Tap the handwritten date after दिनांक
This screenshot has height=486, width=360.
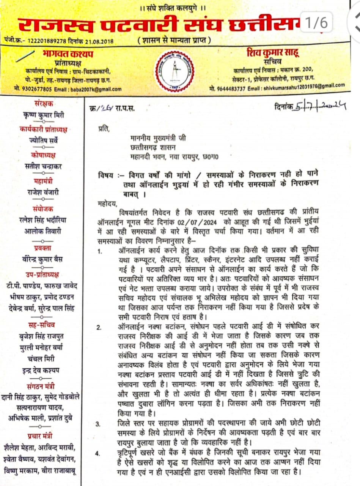[x=320, y=107]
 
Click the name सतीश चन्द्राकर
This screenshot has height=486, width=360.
[x=44, y=166]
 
